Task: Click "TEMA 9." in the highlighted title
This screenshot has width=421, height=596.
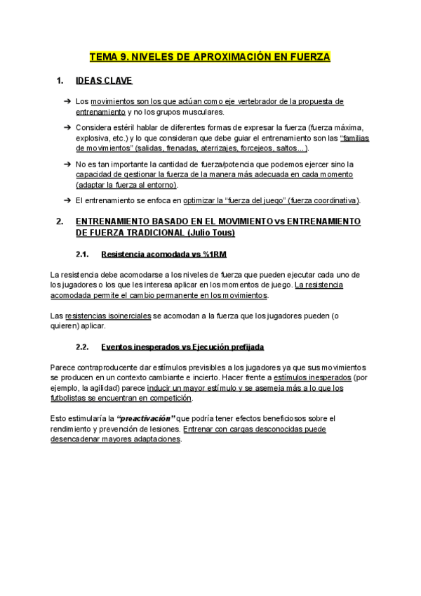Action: pyautogui.click(x=107, y=56)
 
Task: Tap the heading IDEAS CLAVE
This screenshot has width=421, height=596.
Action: pyautogui.click(x=104, y=81)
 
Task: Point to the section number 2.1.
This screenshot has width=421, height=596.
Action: pyautogui.click(x=81, y=254)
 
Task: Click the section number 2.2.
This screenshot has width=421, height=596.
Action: pyautogui.click(x=81, y=347)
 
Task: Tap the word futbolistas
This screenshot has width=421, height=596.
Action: pyautogui.click(x=73, y=398)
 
